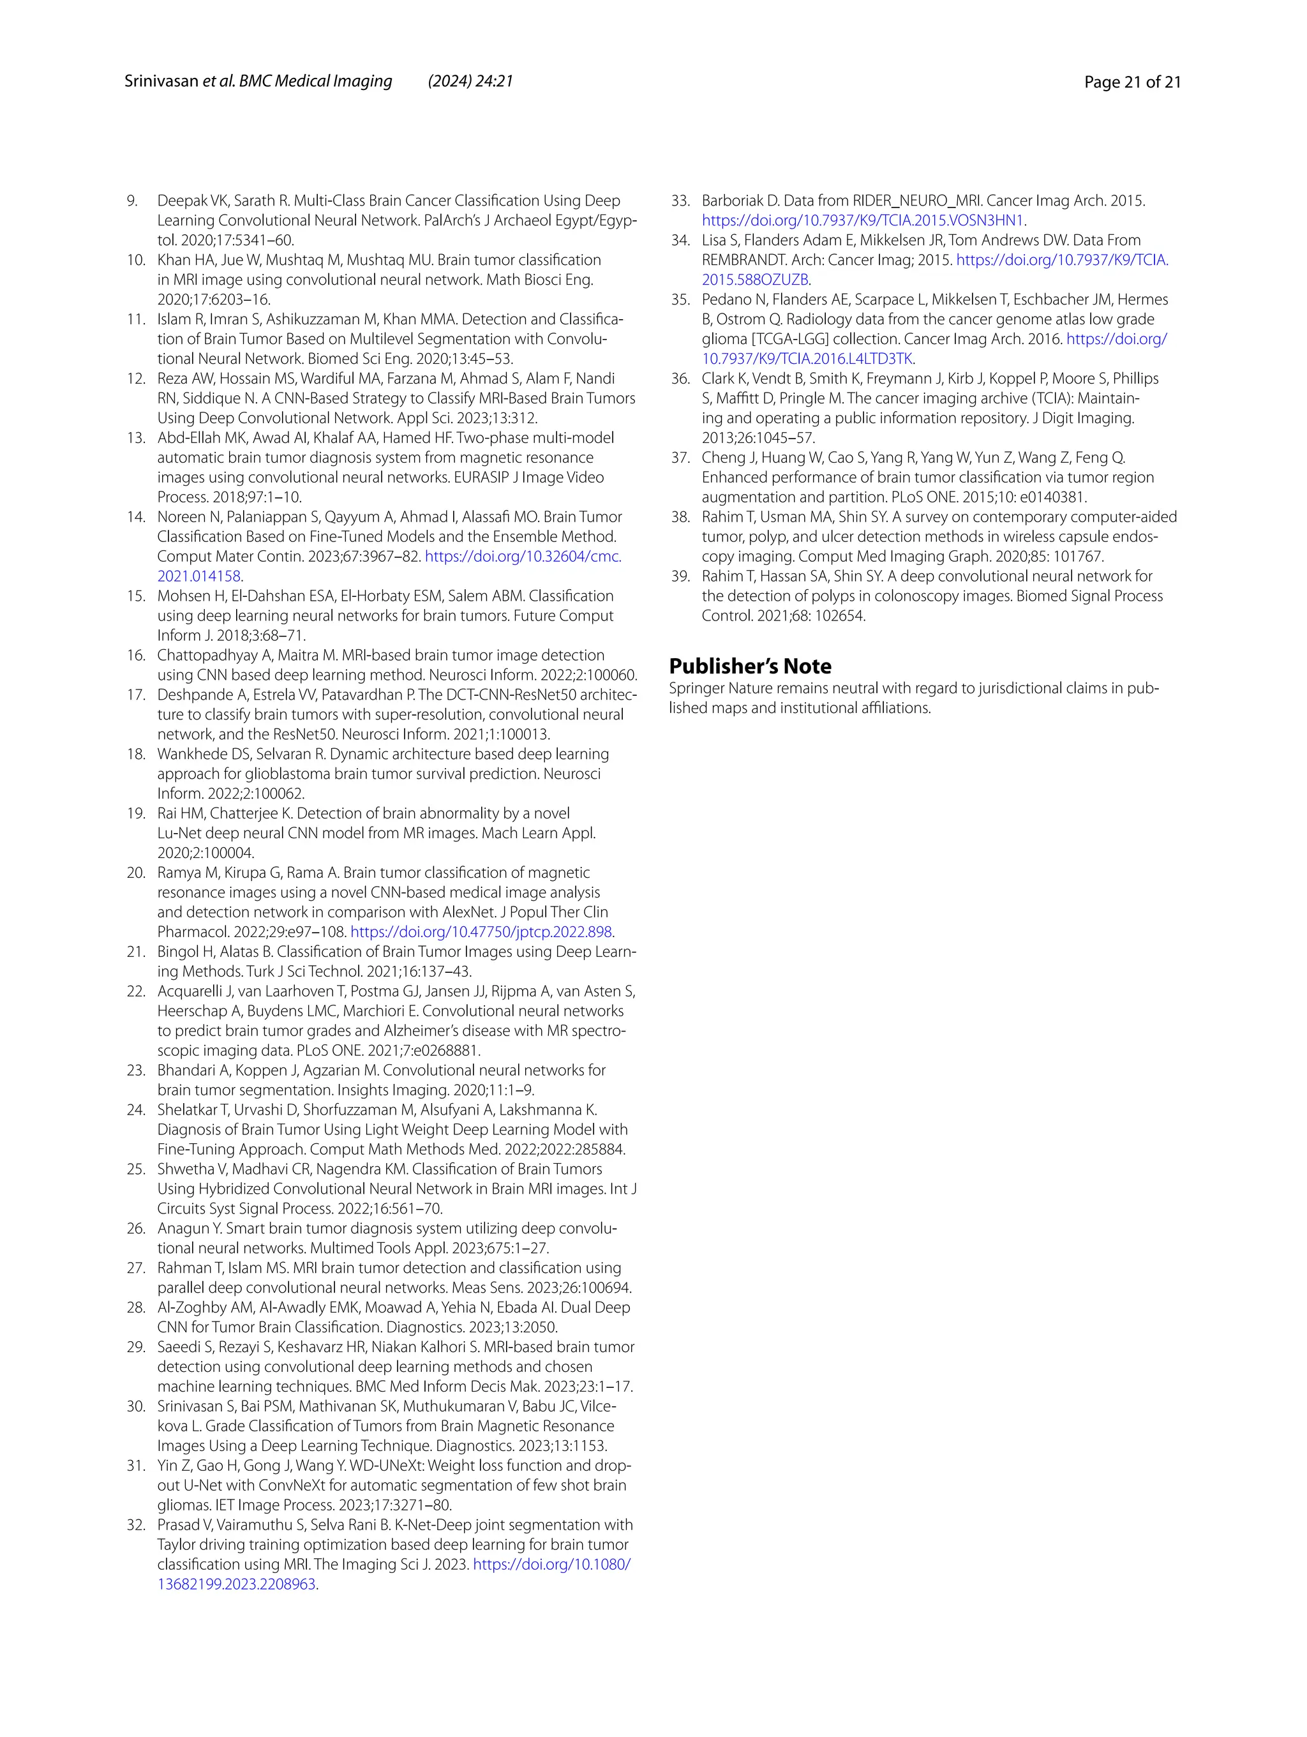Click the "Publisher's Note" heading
(750, 666)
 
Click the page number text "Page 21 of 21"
(1132, 82)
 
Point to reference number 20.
(136, 873)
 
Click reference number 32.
(136, 1524)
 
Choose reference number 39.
(680, 576)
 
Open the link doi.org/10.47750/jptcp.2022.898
(481, 932)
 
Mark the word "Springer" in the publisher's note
(697, 689)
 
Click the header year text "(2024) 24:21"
(470, 81)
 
